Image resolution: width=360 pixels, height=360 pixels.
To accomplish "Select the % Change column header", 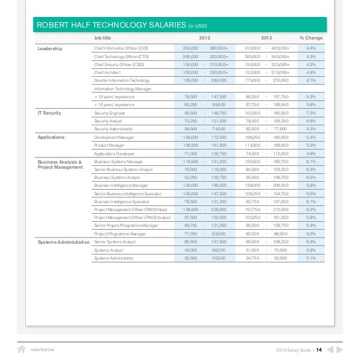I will pos(311,38).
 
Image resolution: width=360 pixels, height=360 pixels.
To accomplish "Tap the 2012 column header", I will pos(205,38).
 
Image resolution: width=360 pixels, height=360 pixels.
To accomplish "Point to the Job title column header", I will pos(102,38).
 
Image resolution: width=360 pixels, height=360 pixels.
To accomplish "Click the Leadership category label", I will pos(50,49).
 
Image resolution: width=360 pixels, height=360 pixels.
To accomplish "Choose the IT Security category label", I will pos(49,113).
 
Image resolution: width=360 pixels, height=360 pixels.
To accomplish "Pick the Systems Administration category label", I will pos(63,242).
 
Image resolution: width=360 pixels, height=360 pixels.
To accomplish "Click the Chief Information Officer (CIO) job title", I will pos(121,49).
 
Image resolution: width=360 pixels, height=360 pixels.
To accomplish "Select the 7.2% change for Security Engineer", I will pos(311,113).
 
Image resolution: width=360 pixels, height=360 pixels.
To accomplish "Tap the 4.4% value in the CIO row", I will pos(311,49).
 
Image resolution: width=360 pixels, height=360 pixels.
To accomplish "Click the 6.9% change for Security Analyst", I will pos(311,121).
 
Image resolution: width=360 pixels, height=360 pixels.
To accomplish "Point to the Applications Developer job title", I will pos(114,153).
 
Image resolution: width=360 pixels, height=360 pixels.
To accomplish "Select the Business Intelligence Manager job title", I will pos(121,185).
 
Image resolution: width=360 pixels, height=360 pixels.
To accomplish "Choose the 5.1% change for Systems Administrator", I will pos(311,258).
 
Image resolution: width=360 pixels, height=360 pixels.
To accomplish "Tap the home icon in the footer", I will pos(21,349).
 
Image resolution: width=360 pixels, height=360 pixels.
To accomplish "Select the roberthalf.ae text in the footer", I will pos(43,349).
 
